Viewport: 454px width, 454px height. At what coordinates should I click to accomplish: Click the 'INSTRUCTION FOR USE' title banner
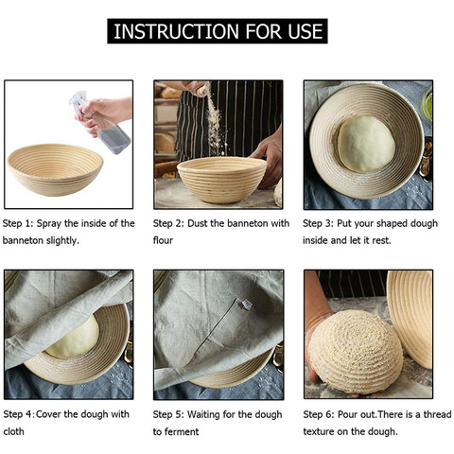coord(218,31)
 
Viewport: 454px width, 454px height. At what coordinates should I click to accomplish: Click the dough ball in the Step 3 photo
coord(365,145)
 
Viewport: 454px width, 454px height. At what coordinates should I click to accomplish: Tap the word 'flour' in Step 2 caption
coord(166,240)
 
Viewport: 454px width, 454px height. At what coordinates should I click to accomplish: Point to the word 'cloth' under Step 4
coord(15,431)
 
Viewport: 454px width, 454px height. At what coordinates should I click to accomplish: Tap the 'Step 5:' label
coord(170,414)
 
